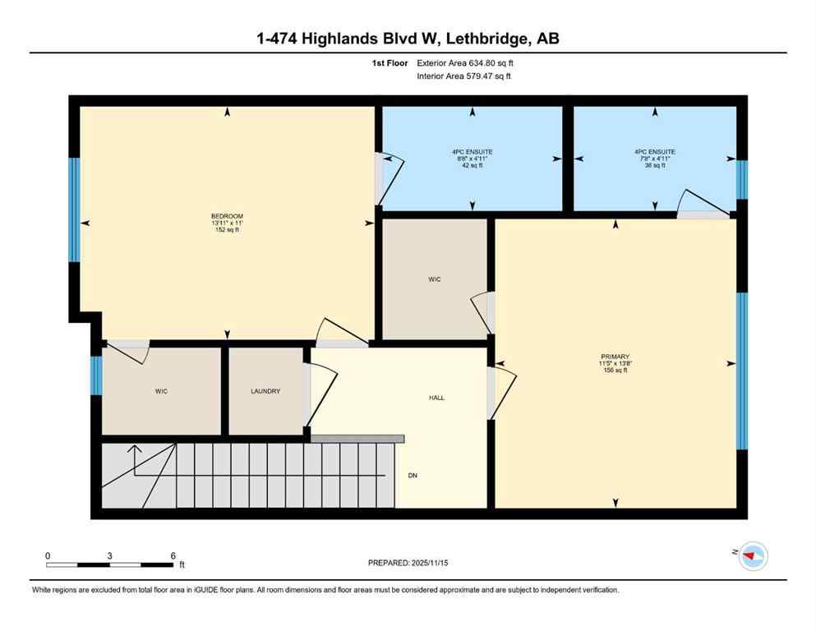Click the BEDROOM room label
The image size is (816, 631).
227,216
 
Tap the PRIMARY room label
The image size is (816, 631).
614,356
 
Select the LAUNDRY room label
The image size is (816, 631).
265,392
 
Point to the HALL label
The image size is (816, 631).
436,398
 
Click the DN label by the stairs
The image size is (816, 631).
413,475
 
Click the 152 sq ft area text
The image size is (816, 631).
227,231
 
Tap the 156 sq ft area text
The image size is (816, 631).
614,371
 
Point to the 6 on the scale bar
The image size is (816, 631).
173,555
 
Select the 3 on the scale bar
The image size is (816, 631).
109,555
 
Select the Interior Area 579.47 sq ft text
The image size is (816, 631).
464,76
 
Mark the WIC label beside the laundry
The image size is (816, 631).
161,392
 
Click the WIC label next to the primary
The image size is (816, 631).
435,280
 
